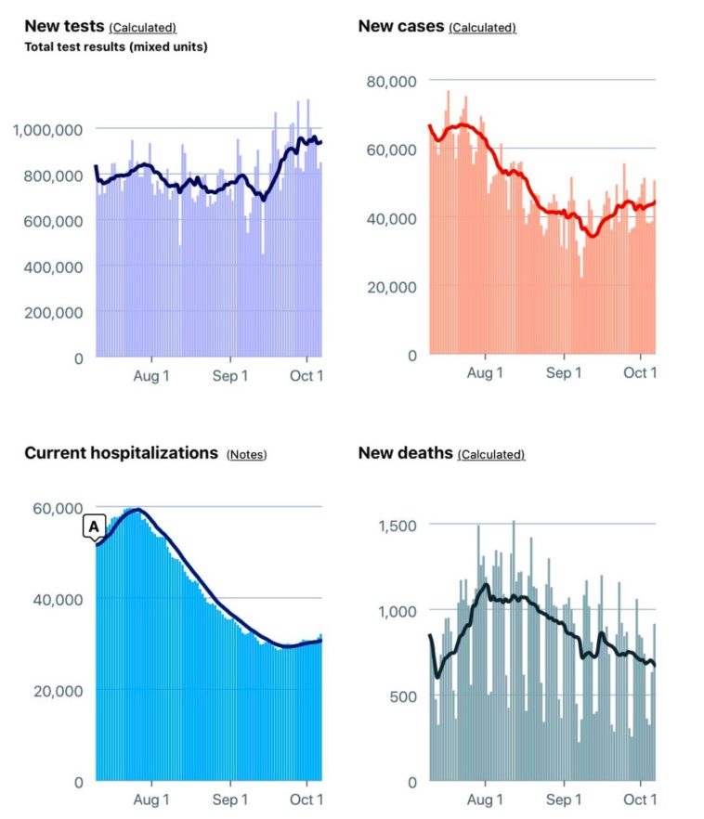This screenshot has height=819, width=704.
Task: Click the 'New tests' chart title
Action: (x=64, y=26)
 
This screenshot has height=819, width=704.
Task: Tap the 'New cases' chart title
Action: (x=401, y=26)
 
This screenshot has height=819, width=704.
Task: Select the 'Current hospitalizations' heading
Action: (x=121, y=453)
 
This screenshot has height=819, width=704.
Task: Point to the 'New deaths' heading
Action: (x=405, y=453)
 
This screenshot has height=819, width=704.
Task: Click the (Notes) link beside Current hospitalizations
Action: (x=246, y=454)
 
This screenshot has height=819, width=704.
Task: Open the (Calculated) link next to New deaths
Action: (x=491, y=454)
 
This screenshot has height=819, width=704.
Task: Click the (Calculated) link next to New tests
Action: (x=143, y=28)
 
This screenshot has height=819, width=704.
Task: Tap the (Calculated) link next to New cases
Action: (x=482, y=28)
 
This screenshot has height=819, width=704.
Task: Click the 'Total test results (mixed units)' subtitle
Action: (x=116, y=47)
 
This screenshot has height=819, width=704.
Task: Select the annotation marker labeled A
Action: (x=95, y=526)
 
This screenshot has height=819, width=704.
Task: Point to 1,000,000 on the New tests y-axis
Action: (x=47, y=130)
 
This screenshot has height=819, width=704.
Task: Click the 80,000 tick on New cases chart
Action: (x=392, y=82)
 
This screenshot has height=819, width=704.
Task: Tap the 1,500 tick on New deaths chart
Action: (x=398, y=526)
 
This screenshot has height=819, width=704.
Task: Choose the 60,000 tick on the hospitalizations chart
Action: (x=58, y=508)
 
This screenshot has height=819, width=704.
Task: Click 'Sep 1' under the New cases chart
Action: (x=564, y=373)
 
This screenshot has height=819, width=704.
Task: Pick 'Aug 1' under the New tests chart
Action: (x=151, y=375)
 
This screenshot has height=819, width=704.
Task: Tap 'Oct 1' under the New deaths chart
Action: (x=640, y=799)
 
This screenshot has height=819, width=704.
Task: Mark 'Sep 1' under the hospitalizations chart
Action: (x=229, y=799)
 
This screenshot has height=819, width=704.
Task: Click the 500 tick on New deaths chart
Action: (x=404, y=696)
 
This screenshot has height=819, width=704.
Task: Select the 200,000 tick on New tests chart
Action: (x=53, y=313)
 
